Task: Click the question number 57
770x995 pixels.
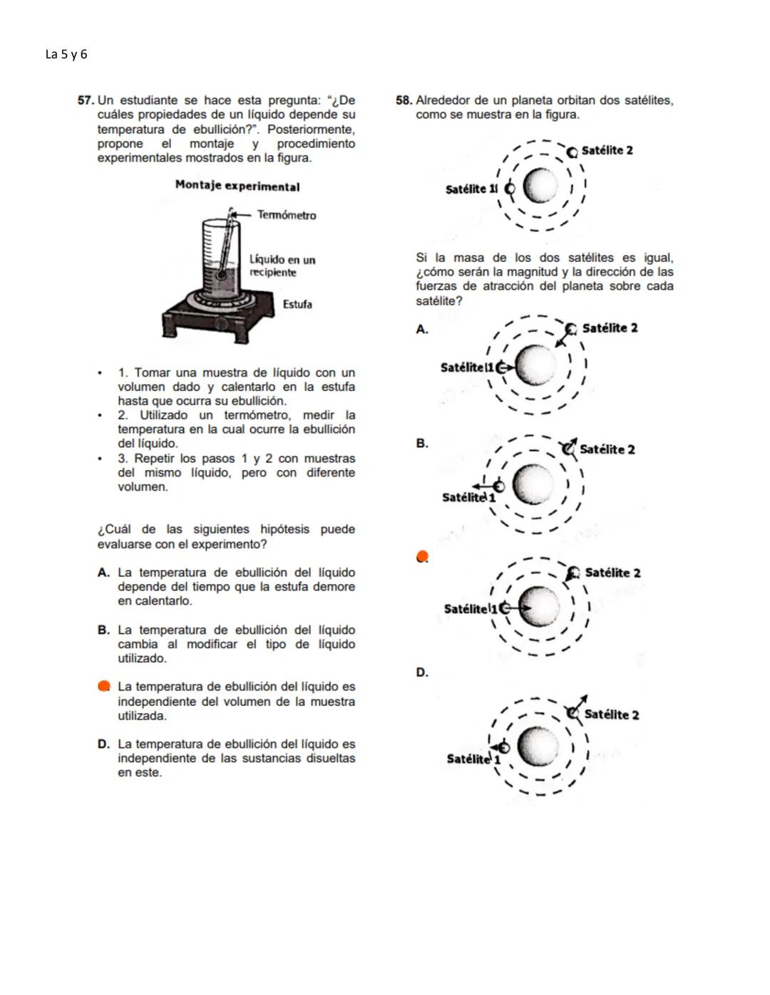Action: pyautogui.click(x=85, y=100)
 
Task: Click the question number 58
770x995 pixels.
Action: pyautogui.click(x=404, y=100)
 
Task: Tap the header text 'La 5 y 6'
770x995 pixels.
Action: pyautogui.click(x=66, y=55)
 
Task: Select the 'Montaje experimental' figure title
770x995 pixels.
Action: pyautogui.click(x=237, y=187)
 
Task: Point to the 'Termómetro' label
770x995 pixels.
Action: pyautogui.click(x=287, y=215)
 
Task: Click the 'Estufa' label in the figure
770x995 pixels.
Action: pyautogui.click(x=297, y=304)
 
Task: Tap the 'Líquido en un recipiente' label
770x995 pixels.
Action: pyautogui.click(x=282, y=266)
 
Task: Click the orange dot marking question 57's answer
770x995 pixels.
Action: pyautogui.click(x=104, y=686)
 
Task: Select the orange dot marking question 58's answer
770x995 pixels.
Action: pyautogui.click(x=422, y=556)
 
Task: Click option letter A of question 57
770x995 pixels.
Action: pyautogui.click(x=103, y=573)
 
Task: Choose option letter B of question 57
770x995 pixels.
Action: pyautogui.click(x=103, y=630)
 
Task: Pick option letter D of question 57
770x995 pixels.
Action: pyautogui.click(x=103, y=744)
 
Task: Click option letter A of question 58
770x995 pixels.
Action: pyautogui.click(x=422, y=329)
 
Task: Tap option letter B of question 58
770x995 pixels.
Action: pyautogui.click(x=422, y=443)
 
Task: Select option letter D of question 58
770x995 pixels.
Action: pyautogui.click(x=422, y=672)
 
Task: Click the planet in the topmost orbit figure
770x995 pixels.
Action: pyautogui.click(x=540, y=187)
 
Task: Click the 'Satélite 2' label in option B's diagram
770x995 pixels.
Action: pyautogui.click(x=607, y=449)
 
